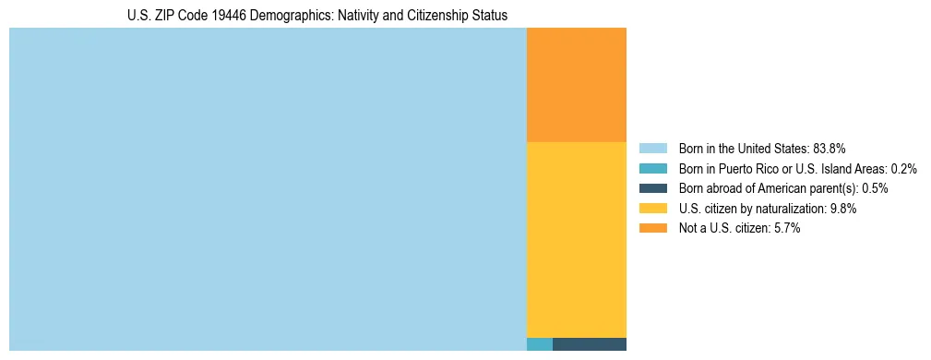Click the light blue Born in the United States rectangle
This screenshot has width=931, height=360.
pos(268,189)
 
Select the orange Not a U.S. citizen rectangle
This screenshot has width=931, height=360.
pos(576,85)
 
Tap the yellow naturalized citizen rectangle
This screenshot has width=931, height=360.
pos(576,239)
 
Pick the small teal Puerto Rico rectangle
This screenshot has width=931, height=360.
pos(539,344)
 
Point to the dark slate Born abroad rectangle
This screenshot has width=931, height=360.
pos(589,344)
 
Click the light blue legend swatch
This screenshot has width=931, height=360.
pos(652,148)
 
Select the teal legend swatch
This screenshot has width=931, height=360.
pos(652,168)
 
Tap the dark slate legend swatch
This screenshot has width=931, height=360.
pos(652,188)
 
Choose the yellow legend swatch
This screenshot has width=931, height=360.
pos(652,209)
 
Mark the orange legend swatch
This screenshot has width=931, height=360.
pos(652,229)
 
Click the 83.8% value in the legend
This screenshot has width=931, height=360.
pos(830,148)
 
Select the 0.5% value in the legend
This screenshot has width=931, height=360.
pos(875,188)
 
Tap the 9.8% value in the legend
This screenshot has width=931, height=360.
pos(843,209)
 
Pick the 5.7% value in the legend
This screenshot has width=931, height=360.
pos(786,229)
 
